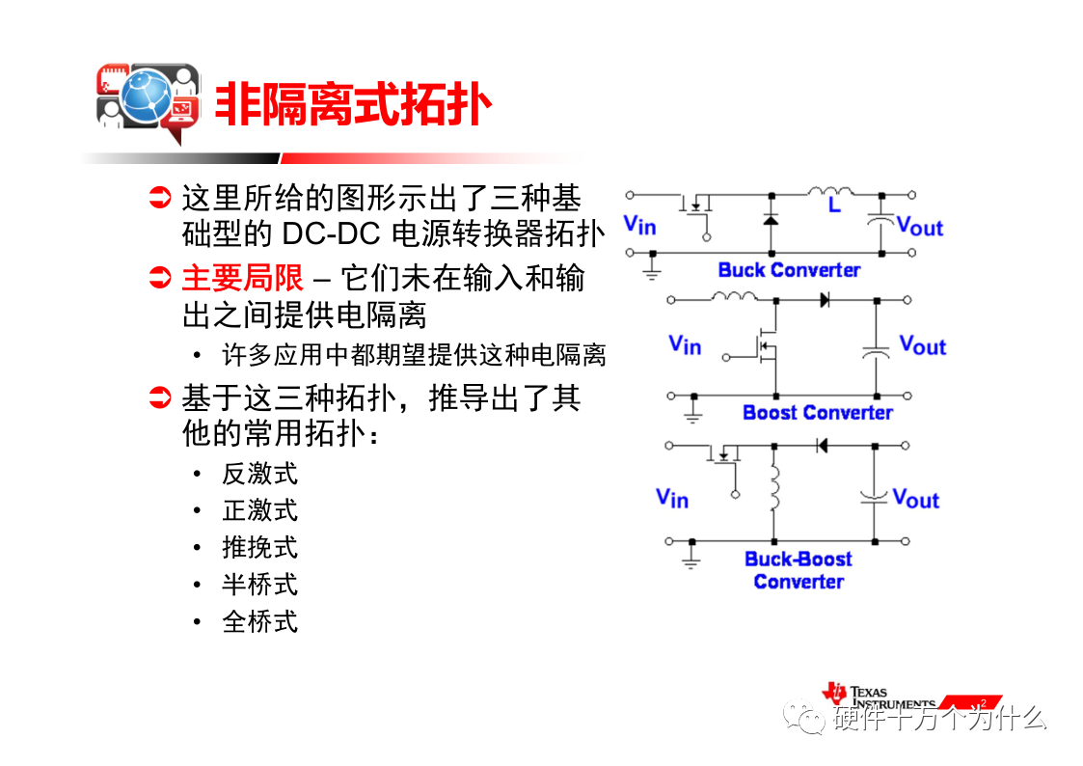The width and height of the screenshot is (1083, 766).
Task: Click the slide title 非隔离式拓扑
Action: (x=353, y=105)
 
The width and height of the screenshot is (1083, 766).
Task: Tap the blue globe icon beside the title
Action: (x=146, y=96)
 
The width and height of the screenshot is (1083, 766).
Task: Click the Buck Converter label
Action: (x=790, y=270)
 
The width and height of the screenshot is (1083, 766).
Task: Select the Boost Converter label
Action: (x=818, y=412)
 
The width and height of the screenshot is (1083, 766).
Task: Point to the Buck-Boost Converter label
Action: (x=799, y=570)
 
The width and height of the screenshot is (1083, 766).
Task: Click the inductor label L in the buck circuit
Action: (x=834, y=205)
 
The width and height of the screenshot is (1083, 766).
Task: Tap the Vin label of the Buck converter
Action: (x=639, y=225)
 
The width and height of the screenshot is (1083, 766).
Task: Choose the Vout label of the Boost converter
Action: (x=923, y=344)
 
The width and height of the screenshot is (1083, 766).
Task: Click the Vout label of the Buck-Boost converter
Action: (x=916, y=498)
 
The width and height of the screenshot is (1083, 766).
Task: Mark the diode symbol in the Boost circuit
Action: (x=824, y=300)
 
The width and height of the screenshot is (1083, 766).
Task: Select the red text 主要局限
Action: (x=242, y=279)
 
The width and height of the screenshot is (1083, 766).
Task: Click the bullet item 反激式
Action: (x=259, y=475)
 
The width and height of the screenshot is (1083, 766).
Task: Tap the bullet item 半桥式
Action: (x=259, y=585)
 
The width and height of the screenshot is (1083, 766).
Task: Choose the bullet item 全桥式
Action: (x=259, y=621)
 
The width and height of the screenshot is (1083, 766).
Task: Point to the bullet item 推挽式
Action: (x=259, y=548)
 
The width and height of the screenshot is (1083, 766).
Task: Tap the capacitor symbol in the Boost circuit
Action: (x=876, y=352)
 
